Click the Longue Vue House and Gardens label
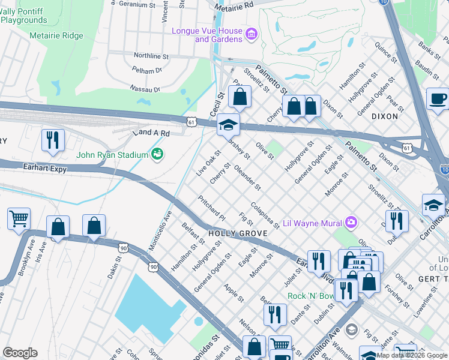(207, 35)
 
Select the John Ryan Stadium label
(112, 155)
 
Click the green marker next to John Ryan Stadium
(157, 154)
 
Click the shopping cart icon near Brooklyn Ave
(19, 218)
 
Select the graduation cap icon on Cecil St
(228, 125)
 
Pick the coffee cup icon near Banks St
(438, 99)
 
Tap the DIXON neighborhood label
(385, 116)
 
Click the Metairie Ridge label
(56, 36)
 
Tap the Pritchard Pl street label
(211, 208)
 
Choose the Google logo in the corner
(20, 353)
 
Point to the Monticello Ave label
(160, 230)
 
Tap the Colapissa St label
(265, 214)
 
